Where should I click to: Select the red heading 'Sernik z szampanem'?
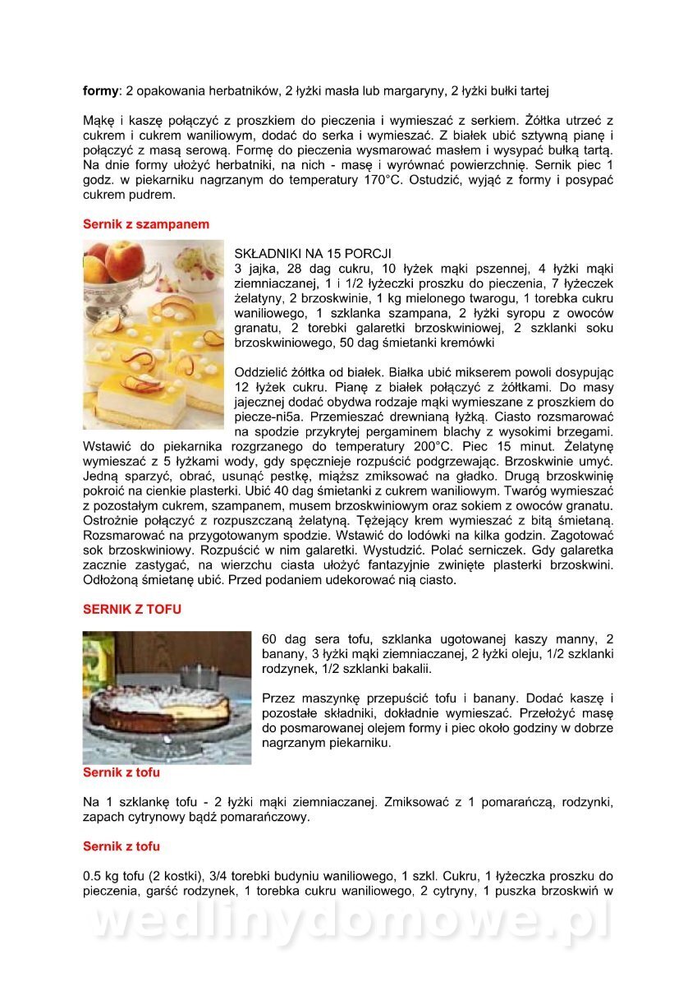[x=146, y=223]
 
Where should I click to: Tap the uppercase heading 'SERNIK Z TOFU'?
[x=132, y=610]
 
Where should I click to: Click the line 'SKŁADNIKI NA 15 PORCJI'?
[x=314, y=253]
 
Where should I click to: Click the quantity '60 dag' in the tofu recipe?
[x=282, y=638]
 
